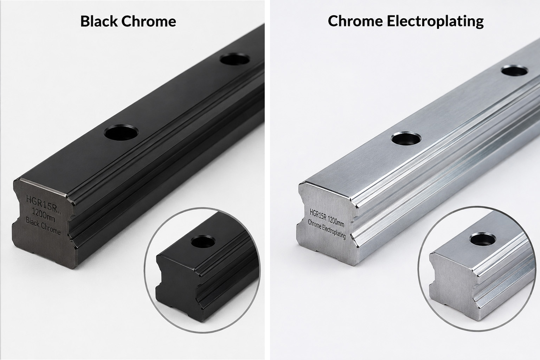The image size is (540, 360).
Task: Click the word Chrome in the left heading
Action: click(x=148, y=21)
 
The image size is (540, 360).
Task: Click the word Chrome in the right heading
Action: click(x=355, y=21)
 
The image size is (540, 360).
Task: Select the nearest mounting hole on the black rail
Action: click(x=121, y=132)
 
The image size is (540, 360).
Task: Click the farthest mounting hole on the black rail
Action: click(x=235, y=59)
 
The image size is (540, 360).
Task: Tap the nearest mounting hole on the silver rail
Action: click(x=406, y=139)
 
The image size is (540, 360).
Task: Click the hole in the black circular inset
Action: click(x=203, y=242)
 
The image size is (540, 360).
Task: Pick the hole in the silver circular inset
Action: click(x=483, y=239)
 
